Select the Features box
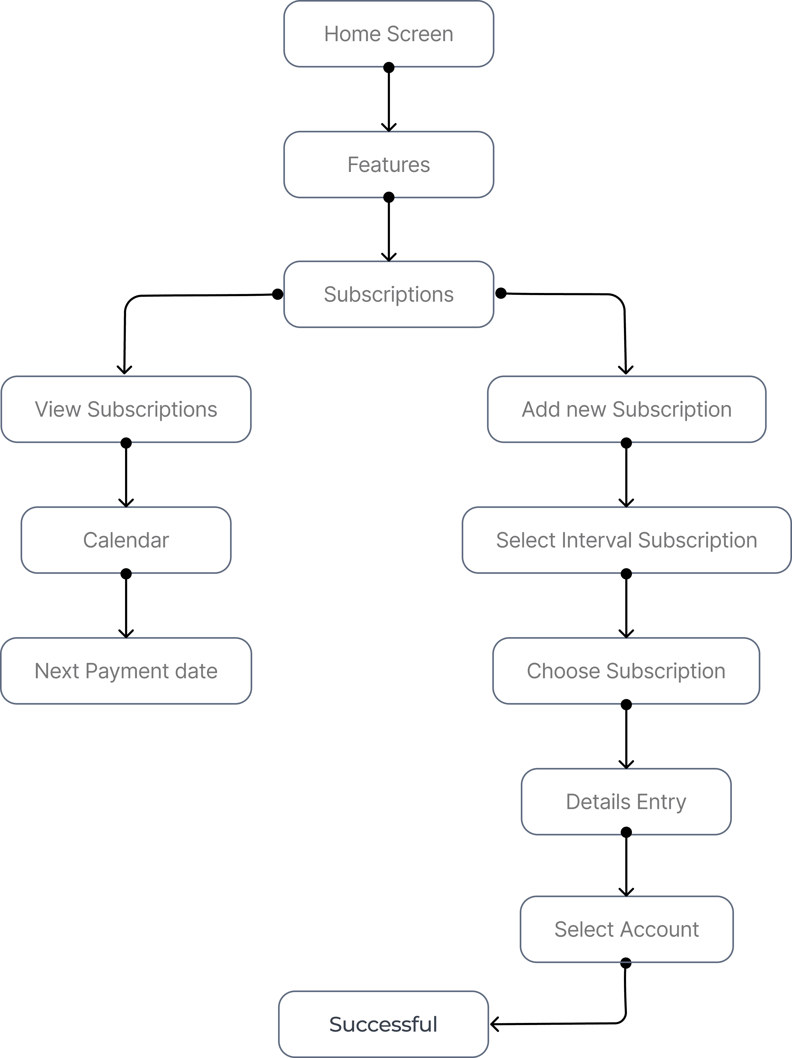(x=389, y=165)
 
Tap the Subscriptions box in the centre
(x=389, y=294)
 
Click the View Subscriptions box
(x=126, y=410)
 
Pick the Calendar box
(x=126, y=540)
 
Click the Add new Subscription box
(x=626, y=410)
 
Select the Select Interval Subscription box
(x=626, y=540)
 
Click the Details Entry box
(x=626, y=802)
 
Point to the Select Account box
(x=626, y=929)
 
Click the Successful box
(x=383, y=1024)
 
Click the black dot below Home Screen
(x=389, y=68)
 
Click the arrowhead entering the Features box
(x=389, y=128)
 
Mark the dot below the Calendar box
(x=126, y=574)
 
